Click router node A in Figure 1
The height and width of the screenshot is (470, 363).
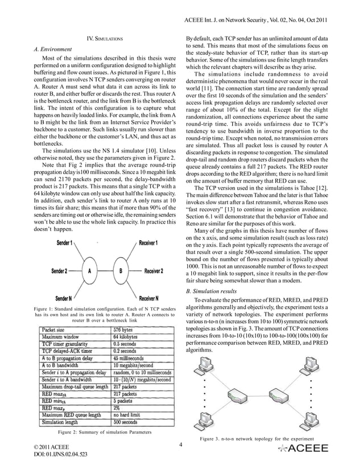pos(89,271)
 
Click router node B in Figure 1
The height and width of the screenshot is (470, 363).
pos(121,271)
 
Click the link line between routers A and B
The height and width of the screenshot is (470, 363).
pos(105,271)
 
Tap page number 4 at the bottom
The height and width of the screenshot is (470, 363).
pos(180,445)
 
